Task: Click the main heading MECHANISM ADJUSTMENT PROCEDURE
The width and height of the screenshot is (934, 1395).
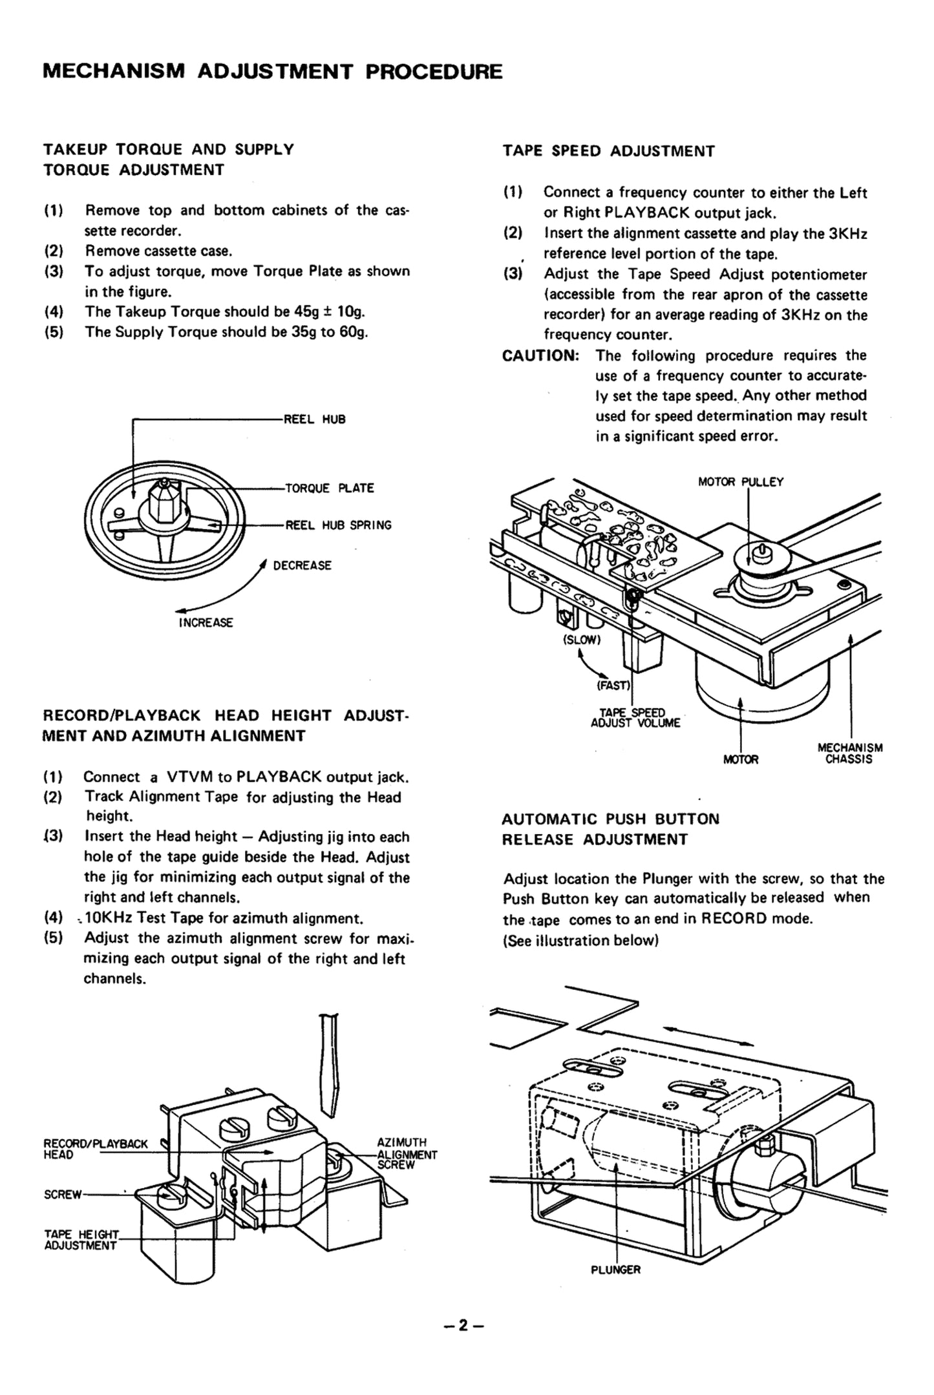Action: tap(272, 71)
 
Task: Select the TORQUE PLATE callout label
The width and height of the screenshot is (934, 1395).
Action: tap(330, 488)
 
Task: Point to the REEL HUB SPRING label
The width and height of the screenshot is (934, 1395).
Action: tap(338, 525)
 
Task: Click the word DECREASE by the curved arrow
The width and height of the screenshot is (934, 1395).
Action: tap(302, 566)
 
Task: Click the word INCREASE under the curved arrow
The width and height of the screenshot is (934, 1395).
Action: tap(206, 623)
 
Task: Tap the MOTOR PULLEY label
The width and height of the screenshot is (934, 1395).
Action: tap(741, 482)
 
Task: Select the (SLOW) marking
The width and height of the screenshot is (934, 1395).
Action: tap(582, 640)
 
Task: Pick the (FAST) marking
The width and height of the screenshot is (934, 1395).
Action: tap(613, 686)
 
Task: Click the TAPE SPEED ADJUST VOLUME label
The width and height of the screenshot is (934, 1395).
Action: tap(635, 718)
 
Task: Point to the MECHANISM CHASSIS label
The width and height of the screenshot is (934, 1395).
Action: tap(850, 753)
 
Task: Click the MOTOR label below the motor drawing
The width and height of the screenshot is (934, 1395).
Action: tap(741, 760)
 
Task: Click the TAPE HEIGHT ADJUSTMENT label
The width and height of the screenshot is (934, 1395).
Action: tap(81, 1240)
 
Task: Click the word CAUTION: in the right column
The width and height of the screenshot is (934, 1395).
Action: tap(540, 356)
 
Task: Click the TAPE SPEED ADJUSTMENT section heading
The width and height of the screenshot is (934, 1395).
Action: tap(608, 151)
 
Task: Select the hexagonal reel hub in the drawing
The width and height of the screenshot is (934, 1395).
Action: tap(163, 500)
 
